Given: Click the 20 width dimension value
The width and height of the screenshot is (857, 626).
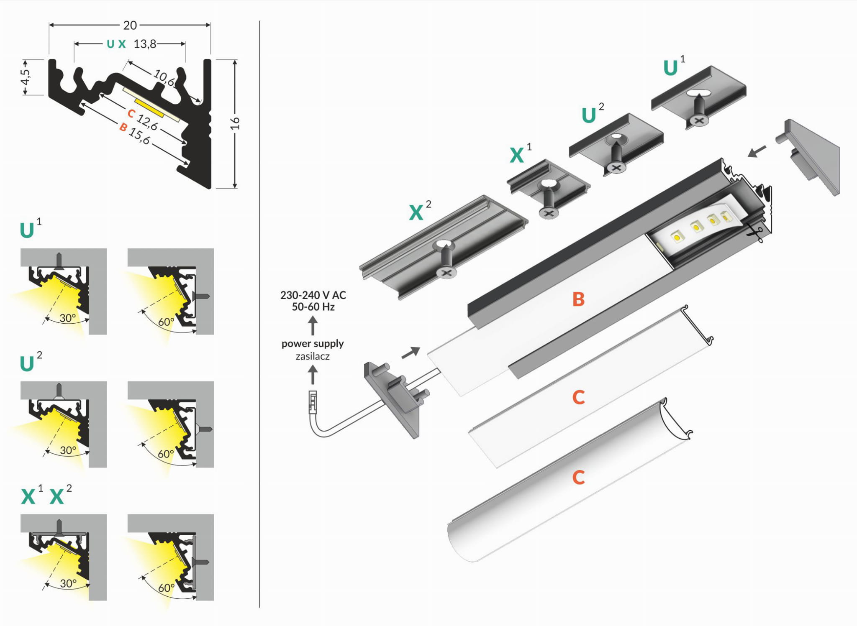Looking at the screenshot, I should click(130, 26).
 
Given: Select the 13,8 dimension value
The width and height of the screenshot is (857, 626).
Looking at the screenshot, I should click(145, 44).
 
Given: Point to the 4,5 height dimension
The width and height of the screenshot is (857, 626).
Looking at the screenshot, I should click(25, 77).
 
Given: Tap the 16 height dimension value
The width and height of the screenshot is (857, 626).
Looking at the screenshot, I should click(235, 123).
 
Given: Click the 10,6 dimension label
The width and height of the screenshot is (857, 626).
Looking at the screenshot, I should click(164, 77).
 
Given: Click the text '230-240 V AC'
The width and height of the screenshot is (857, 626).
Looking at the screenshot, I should click(313, 295).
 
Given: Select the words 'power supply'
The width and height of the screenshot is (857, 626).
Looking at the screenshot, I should click(313, 344).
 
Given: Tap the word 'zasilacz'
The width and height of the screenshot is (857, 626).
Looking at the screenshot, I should click(313, 357).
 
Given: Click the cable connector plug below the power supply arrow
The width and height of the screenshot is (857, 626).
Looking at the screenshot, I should click(313, 402).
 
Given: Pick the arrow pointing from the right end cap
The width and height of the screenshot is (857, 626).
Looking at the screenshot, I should click(757, 151).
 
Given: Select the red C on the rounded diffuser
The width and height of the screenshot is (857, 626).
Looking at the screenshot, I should click(578, 477).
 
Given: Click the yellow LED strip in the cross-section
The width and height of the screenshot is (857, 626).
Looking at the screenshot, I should click(149, 107).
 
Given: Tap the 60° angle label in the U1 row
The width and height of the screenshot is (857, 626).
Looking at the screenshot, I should click(166, 322).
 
